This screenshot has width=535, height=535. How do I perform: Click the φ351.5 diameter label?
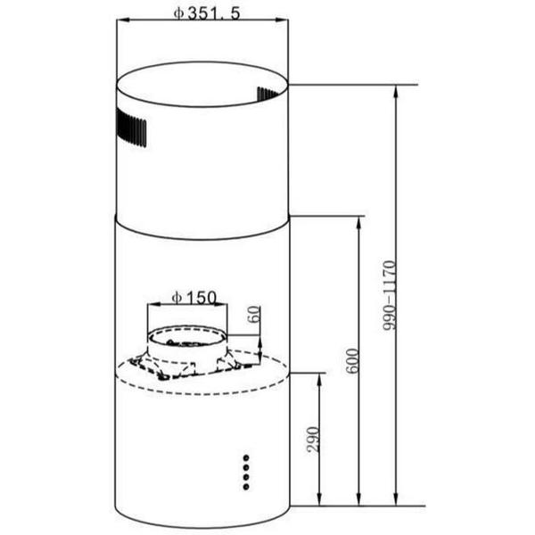tap(207, 12)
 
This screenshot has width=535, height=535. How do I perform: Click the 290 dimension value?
tap(312, 439)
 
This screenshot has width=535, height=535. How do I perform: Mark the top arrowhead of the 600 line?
tap(360, 222)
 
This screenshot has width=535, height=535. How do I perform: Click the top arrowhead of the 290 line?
tap(319, 378)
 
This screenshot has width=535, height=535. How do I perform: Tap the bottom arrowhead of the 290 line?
tap(319, 500)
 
